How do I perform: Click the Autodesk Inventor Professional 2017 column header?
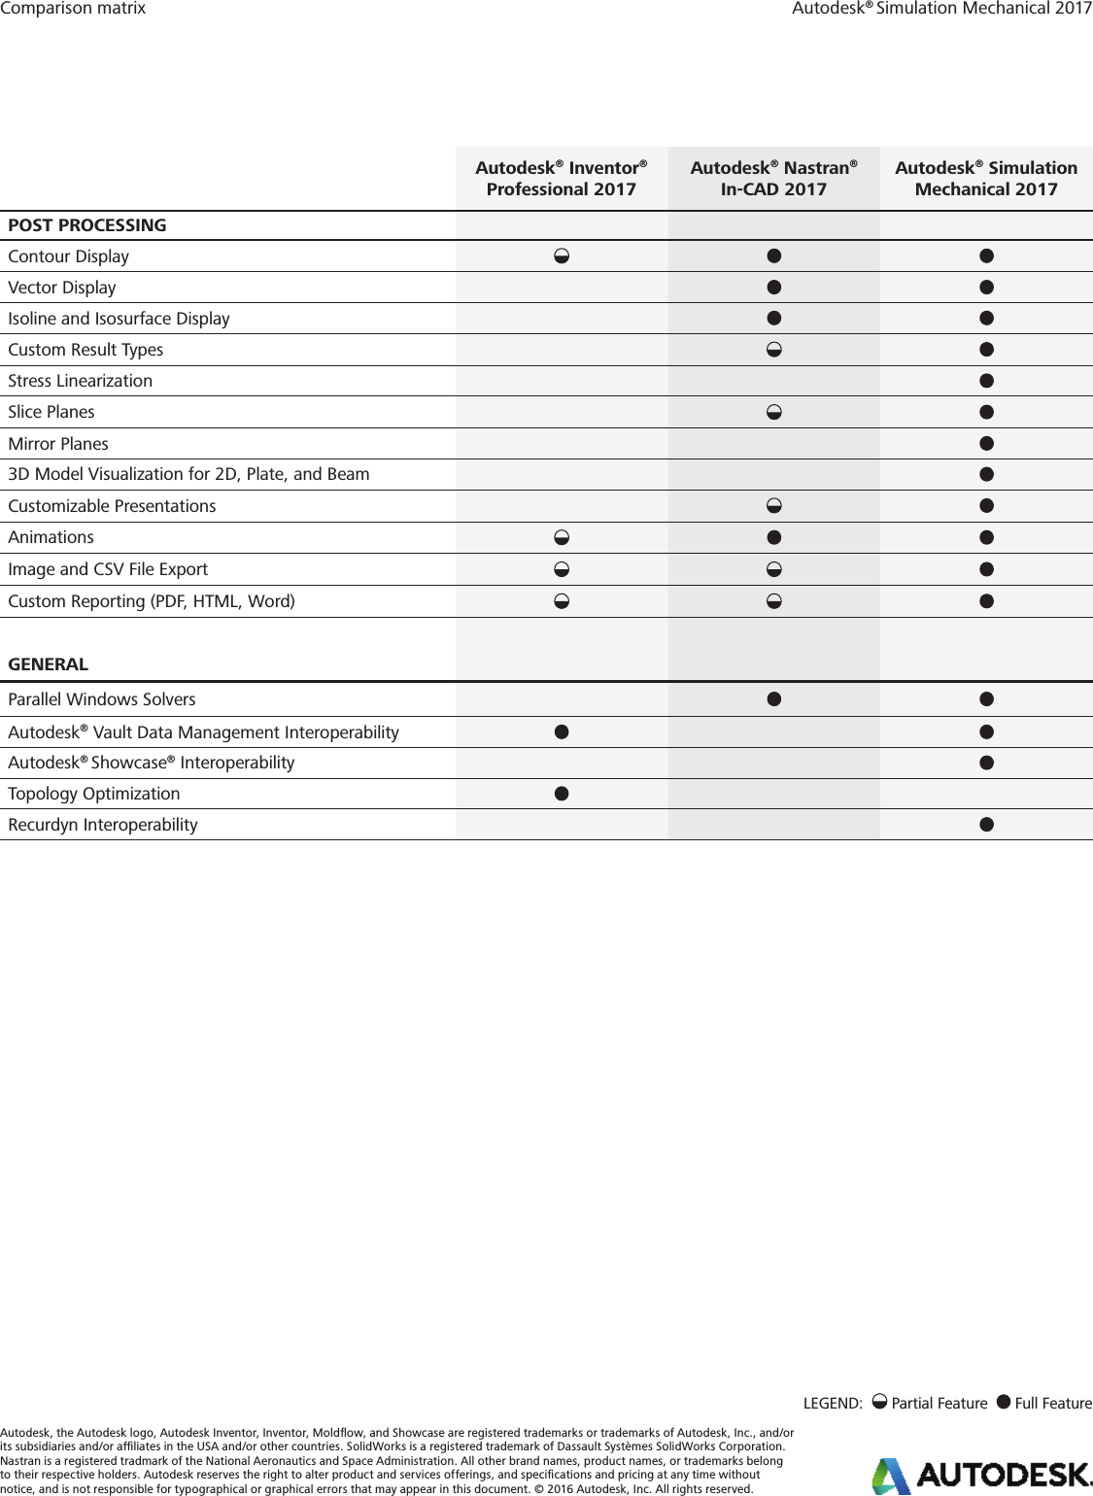[562, 179]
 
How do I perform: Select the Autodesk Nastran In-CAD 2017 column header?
[773, 179]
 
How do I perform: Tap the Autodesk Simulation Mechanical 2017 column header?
[986, 179]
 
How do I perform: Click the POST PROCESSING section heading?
[87, 225]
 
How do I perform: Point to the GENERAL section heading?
[49, 664]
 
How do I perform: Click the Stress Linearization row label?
[81, 381]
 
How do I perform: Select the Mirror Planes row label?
[58, 444]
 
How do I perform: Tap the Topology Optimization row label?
[94, 794]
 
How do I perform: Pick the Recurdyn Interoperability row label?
[103, 825]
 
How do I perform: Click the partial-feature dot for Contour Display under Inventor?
[562, 256]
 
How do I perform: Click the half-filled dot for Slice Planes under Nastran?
[774, 412]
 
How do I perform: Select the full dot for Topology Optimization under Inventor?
[562, 794]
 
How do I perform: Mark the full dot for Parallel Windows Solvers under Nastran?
[774, 698]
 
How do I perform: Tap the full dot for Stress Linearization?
[987, 381]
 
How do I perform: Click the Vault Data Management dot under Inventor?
[562, 731]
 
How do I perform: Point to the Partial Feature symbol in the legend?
[879, 1402]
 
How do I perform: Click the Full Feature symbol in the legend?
[1004, 1402]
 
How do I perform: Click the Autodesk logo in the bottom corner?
[981, 1476]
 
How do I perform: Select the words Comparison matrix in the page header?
[73, 9]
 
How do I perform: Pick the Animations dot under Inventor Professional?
[562, 537]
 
